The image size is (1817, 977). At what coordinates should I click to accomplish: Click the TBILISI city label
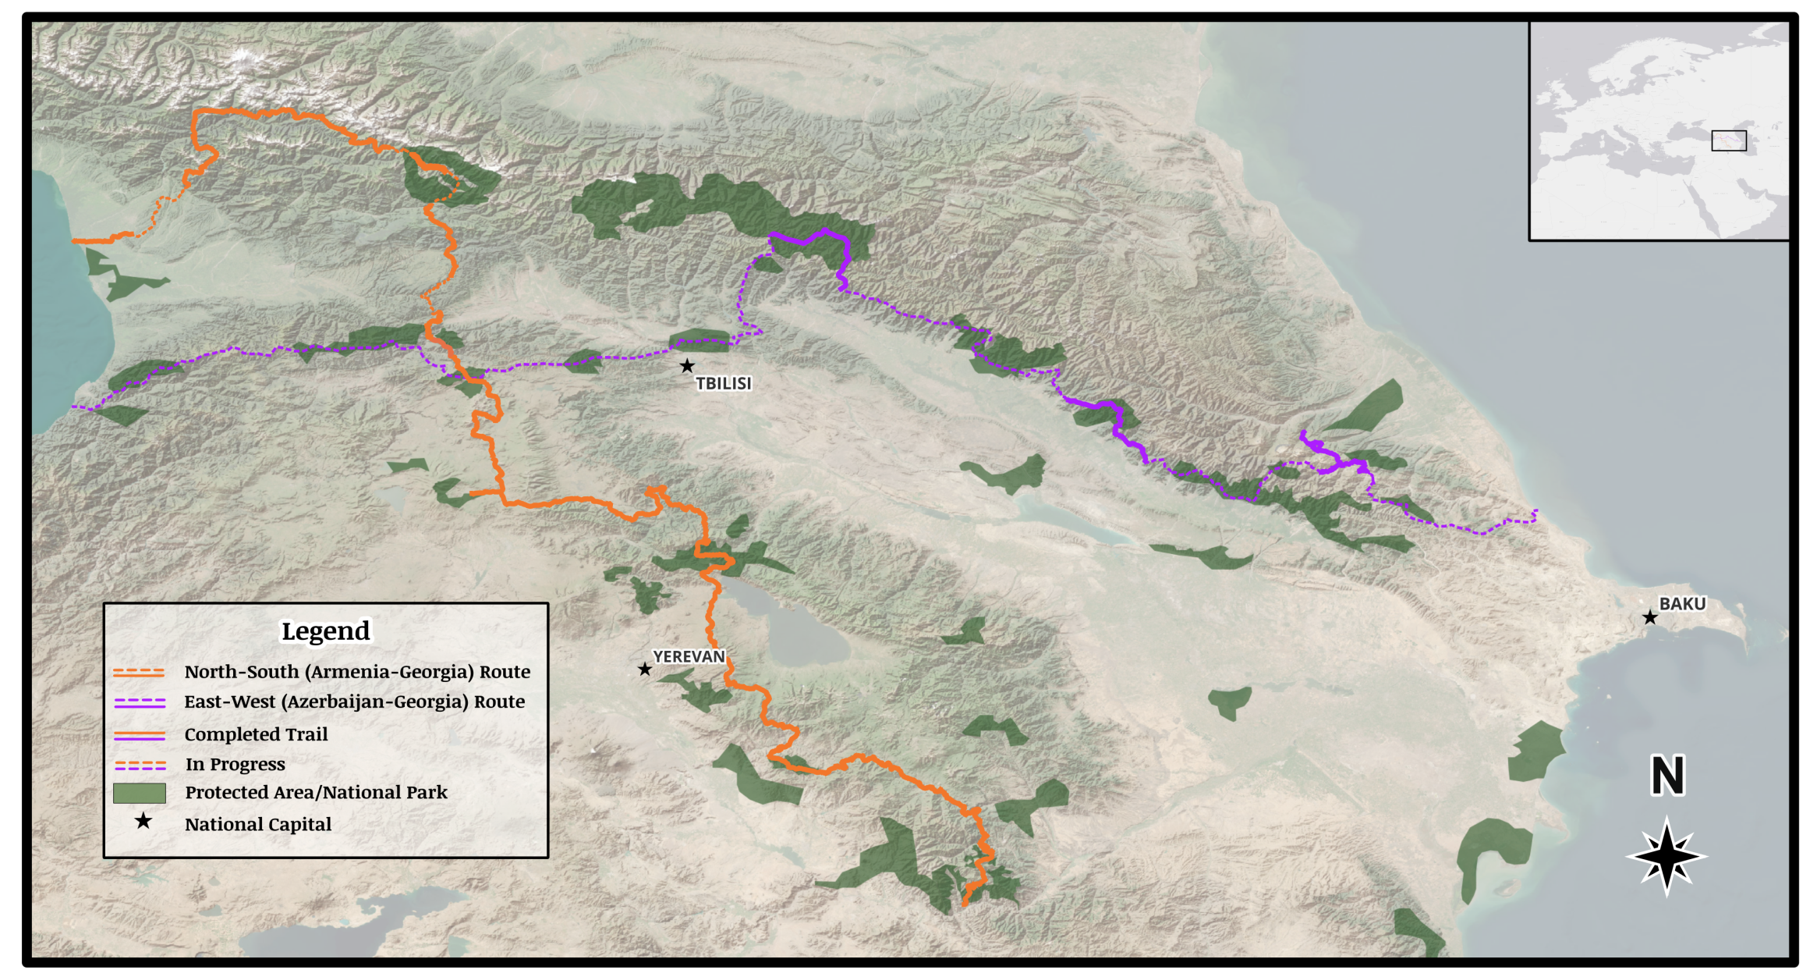point(723,383)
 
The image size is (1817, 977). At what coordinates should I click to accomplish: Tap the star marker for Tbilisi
point(686,366)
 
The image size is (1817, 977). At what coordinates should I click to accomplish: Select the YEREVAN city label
point(689,656)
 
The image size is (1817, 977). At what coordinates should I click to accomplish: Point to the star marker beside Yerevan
point(644,670)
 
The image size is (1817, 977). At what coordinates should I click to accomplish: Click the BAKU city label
point(1681,604)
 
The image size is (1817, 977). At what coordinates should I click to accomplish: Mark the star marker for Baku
point(1649,618)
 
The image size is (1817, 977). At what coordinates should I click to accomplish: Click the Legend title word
point(325,631)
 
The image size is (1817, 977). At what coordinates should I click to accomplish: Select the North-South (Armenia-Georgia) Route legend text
point(357,672)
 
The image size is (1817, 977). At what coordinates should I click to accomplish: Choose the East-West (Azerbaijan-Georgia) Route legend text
point(354,702)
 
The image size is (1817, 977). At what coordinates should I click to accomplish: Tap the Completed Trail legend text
point(256,734)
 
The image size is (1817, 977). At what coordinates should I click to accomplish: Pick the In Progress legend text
point(235,764)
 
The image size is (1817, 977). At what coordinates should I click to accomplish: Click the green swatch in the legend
point(140,793)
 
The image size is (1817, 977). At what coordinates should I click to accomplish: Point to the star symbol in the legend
point(143,822)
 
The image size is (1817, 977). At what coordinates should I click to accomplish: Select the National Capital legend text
point(258,824)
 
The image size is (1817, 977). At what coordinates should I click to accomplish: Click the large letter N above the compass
point(1667,775)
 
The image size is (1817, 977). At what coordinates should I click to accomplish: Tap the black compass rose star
point(1666,856)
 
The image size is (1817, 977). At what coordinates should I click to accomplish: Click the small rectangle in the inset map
point(1728,140)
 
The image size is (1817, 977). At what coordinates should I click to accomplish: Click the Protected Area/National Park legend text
point(316,793)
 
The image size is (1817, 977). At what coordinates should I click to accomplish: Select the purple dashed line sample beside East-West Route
point(140,702)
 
